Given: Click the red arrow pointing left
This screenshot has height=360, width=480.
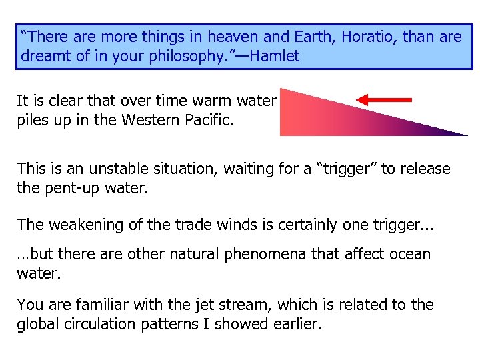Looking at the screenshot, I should click(x=384, y=100).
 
